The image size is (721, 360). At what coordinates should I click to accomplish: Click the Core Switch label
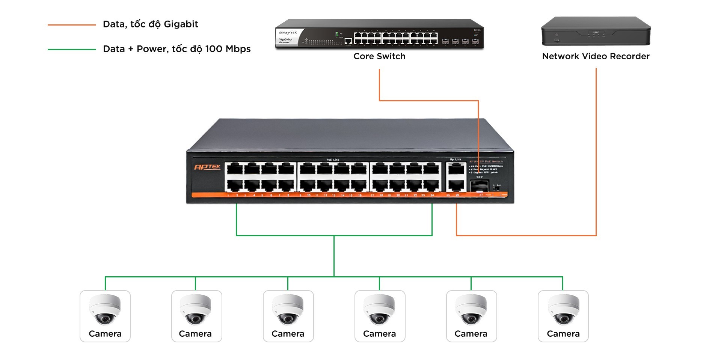tap(379, 56)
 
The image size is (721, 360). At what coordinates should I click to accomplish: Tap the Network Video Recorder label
tap(596, 56)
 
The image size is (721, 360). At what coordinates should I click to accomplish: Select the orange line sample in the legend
tap(72, 25)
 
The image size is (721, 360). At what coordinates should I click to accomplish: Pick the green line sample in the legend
tap(72, 49)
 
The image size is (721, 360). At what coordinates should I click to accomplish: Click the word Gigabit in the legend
tap(181, 24)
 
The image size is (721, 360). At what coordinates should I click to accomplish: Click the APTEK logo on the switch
tap(207, 167)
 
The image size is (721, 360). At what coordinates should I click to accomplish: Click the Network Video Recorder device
tap(596, 32)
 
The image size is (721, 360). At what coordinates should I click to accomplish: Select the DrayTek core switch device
tap(379, 35)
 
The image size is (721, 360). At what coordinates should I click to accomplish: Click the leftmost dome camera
tap(105, 310)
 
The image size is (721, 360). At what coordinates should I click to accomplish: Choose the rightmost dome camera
tap(563, 310)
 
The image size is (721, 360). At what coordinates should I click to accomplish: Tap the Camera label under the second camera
tap(195, 334)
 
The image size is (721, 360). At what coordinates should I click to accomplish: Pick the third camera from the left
tap(288, 310)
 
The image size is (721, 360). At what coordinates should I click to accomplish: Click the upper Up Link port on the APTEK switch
tap(456, 169)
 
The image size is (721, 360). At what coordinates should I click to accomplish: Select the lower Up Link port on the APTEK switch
tap(456, 185)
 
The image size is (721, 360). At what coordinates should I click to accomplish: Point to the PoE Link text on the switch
tap(333, 160)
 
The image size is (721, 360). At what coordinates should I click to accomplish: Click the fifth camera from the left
tap(471, 310)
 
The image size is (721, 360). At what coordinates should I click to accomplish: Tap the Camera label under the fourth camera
tap(379, 334)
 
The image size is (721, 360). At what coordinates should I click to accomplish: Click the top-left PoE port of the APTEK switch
tap(235, 169)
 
